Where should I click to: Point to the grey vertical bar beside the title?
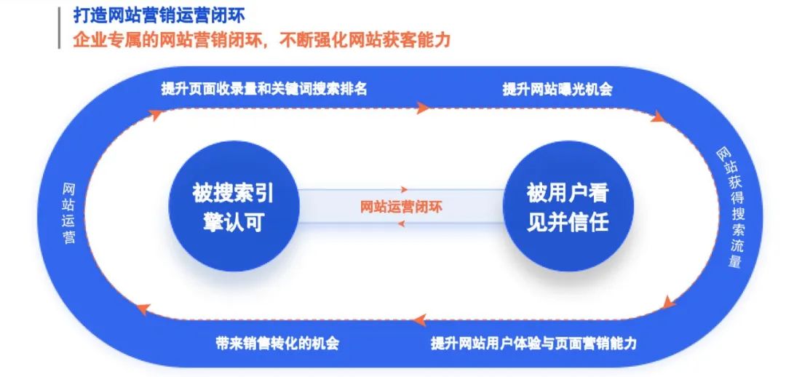(60, 28)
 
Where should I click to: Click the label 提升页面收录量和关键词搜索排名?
(264, 90)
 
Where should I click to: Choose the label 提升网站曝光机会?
(557, 90)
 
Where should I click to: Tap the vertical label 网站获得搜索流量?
(730, 207)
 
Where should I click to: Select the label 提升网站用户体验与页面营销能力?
(533, 343)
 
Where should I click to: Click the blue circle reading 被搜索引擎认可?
(234, 207)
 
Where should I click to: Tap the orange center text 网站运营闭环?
(402, 207)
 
